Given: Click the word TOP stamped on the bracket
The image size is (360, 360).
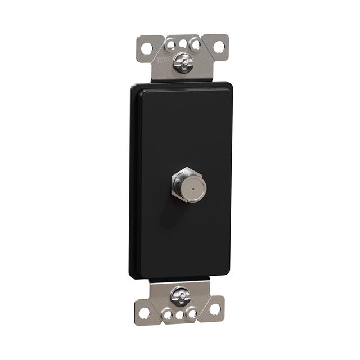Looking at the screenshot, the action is [x=163, y=61].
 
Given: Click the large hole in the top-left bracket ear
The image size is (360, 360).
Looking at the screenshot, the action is [x=147, y=48].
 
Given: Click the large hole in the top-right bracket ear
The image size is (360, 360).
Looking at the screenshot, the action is [x=219, y=47].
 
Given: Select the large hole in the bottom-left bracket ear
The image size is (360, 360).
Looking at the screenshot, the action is [x=145, y=313].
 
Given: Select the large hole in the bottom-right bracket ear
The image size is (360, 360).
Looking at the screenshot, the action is [x=215, y=309].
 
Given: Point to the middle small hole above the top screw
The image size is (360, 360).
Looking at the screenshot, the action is [x=183, y=44].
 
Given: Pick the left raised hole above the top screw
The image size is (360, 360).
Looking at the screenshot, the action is [x=170, y=45].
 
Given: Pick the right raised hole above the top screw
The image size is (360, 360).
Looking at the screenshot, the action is [x=196, y=44].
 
